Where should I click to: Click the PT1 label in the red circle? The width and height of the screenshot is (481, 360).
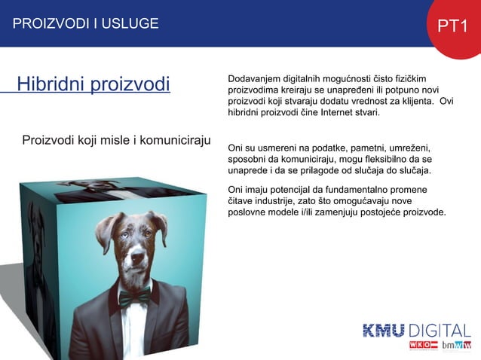point(454,26)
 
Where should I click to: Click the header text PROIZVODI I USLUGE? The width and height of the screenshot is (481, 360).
point(85,23)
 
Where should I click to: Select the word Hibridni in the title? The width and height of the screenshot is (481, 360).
point(51,84)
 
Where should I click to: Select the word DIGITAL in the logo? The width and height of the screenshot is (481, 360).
point(440,331)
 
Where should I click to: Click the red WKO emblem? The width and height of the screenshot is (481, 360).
point(420,345)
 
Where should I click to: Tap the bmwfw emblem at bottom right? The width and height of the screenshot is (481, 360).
point(457,346)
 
